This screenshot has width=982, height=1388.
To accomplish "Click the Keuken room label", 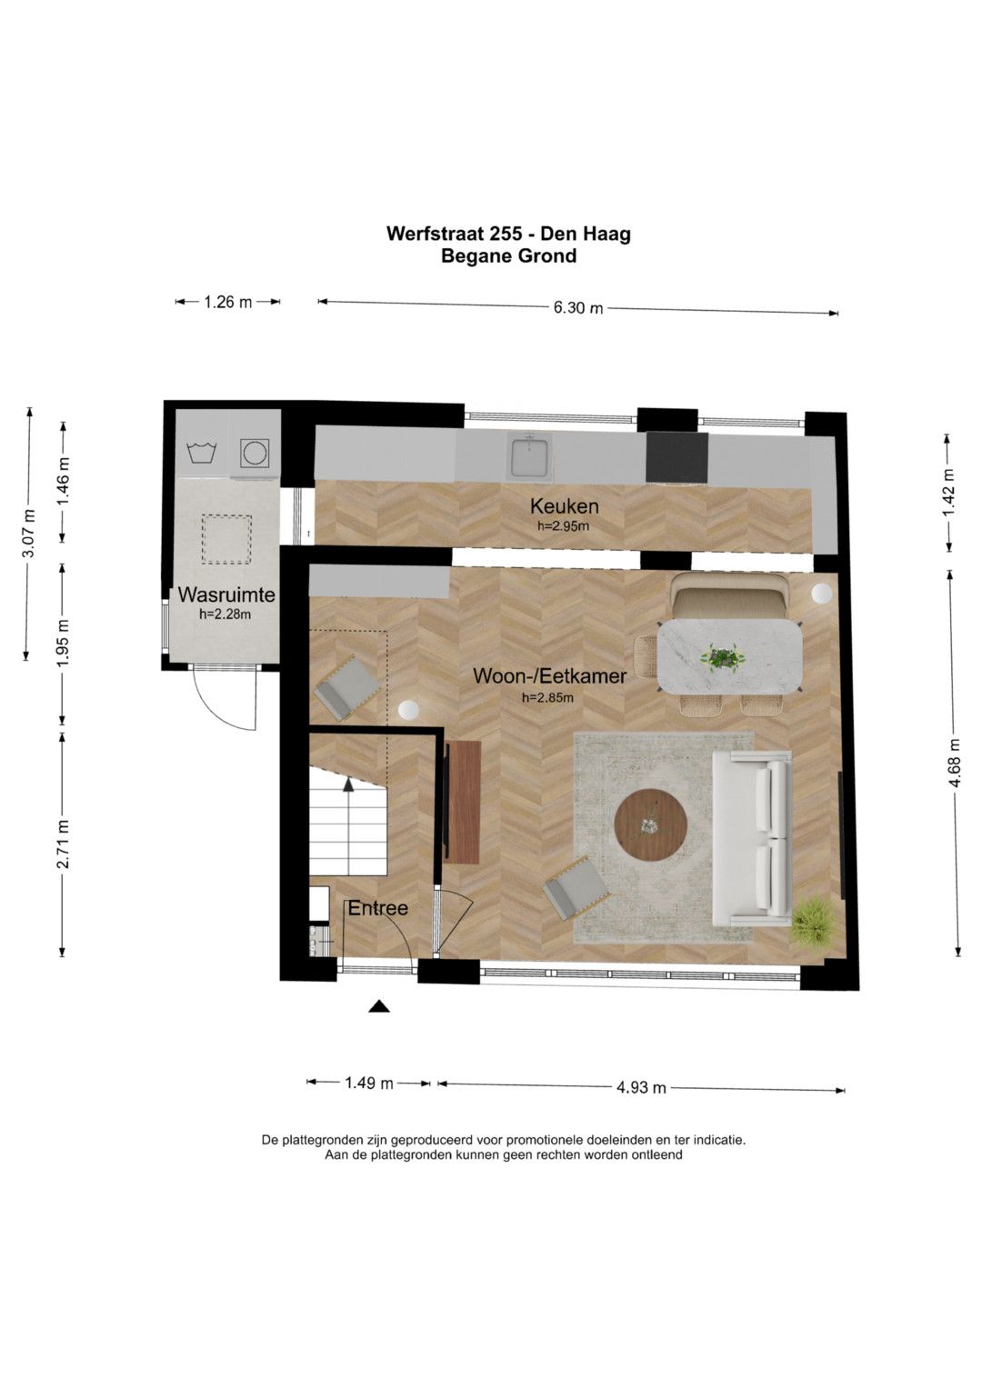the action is click(x=564, y=506).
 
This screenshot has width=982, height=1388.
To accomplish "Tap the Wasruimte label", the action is click(x=226, y=594).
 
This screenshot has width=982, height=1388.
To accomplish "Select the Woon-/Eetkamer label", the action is click(x=550, y=675).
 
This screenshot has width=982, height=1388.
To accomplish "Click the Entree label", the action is click(x=377, y=908).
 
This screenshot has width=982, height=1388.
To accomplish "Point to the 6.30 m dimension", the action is click(x=578, y=307).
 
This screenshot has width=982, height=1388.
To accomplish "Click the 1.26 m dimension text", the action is click(x=228, y=302).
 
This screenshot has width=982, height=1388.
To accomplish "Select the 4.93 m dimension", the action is click(x=642, y=1087).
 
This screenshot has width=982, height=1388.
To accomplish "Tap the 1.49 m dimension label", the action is click(x=369, y=1083).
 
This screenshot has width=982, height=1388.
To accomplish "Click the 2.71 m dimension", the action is click(x=64, y=844).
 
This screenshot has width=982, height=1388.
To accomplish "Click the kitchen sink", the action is click(x=528, y=456).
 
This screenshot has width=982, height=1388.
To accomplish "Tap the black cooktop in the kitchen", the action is click(x=677, y=457).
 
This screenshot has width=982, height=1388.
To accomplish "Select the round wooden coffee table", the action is click(x=650, y=824).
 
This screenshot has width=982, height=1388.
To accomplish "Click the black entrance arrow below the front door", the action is click(x=379, y=1006).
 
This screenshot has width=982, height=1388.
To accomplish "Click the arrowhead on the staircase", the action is click(x=348, y=784).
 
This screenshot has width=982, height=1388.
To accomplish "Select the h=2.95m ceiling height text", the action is click(x=563, y=526).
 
